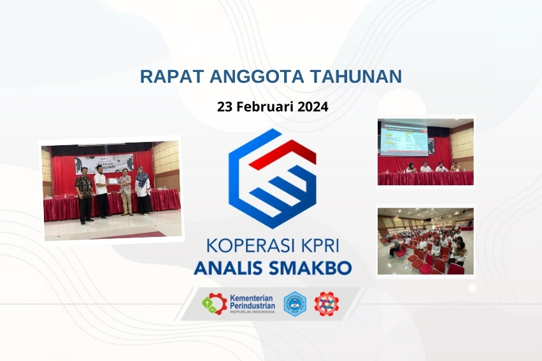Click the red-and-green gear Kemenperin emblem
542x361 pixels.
(x=214, y=304)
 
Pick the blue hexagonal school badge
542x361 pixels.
(x=294, y=304)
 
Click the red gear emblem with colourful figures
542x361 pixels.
(x=326, y=304)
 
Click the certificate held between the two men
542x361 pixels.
(x=113, y=181)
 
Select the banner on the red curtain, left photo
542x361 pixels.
(x=104, y=163)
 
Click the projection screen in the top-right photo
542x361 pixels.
(x=404, y=139)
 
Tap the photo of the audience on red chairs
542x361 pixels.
(x=425, y=241)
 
